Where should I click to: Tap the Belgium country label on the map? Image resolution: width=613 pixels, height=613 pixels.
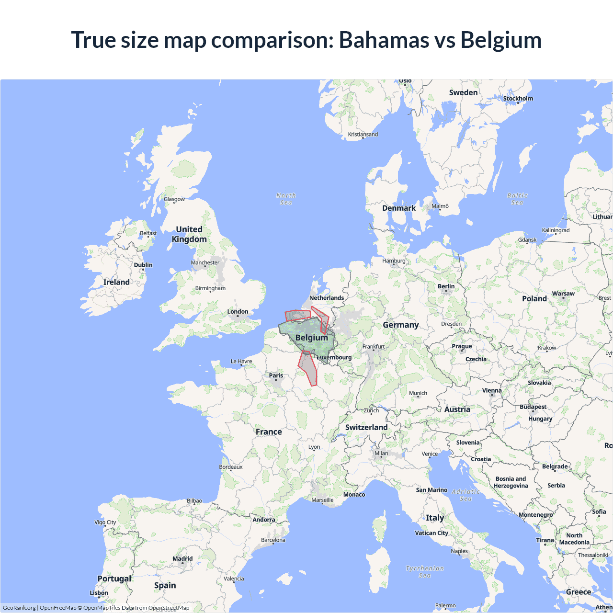[x=312, y=338]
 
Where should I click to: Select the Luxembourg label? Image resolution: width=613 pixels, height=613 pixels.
[x=334, y=357]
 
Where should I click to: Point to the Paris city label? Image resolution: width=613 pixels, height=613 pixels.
[x=276, y=375]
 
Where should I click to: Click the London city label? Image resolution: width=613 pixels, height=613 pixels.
[x=238, y=312]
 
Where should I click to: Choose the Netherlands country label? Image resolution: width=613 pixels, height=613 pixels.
[x=327, y=298]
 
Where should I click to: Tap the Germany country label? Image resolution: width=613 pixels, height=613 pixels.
[x=401, y=325]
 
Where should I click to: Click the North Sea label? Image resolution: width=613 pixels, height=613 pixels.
[x=286, y=199]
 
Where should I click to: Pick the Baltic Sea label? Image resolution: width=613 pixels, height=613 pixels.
[x=517, y=199]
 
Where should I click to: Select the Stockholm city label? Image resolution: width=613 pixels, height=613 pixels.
[x=518, y=99]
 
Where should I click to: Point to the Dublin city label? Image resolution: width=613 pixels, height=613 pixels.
[x=143, y=265]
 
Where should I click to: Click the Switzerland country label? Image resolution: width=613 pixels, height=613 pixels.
[x=366, y=427]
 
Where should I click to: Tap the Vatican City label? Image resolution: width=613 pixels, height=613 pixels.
[x=431, y=533]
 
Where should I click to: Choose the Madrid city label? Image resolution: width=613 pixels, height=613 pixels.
[x=182, y=558]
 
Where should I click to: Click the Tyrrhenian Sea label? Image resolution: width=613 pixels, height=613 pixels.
[x=425, y=572]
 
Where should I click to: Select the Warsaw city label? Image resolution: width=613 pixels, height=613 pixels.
[x=563, y=294]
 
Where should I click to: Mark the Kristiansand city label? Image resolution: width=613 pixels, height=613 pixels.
[x=363, y=135]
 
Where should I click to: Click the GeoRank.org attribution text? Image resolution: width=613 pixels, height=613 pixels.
[x=19, y=608]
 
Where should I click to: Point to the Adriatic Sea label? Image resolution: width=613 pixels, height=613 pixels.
[x=465, y=495]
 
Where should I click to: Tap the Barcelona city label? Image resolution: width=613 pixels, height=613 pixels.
[x=273, y=540]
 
